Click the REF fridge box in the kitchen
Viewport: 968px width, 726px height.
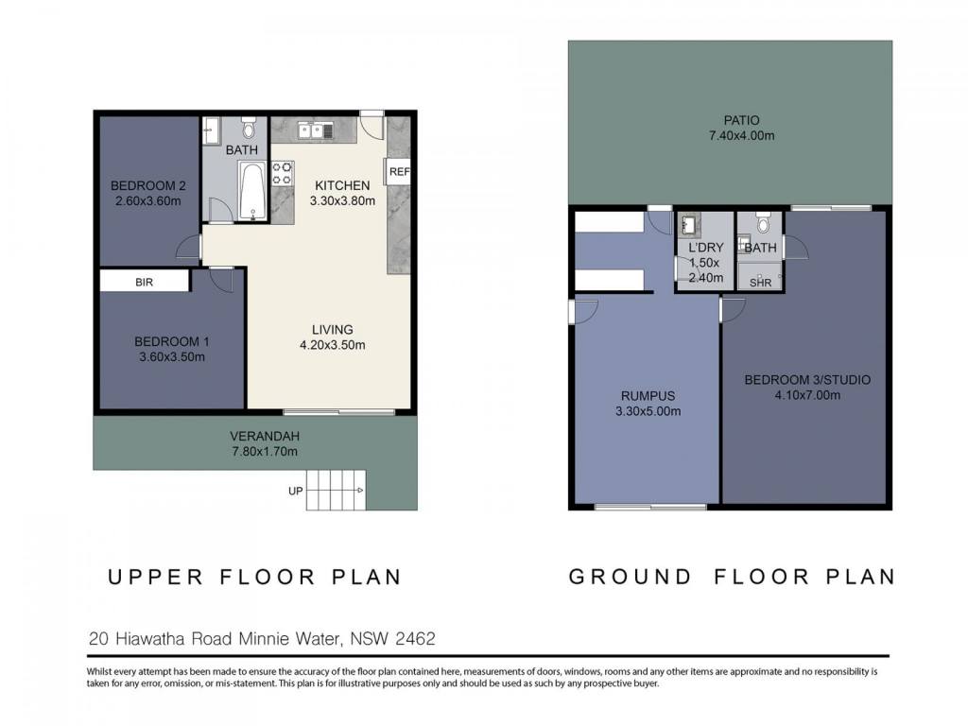[398, 172]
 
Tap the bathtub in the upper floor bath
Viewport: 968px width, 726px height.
[252, 191]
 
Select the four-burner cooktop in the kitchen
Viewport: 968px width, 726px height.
[282, 174]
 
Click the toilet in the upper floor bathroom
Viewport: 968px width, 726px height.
[249, 128]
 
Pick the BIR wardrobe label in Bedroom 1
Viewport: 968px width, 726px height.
[144, 282]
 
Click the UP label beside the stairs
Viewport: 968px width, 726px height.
[296, 491]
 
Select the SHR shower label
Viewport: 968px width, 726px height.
[761, 283]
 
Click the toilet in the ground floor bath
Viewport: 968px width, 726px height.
[764, 222]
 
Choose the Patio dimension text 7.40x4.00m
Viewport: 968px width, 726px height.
[741, 136]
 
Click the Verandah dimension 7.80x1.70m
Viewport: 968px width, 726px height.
[265, 451]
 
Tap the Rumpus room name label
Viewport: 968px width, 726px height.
[648, 396]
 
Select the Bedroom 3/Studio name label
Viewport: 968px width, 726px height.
[807, 380]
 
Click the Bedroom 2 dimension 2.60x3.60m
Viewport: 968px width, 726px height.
[148, 200]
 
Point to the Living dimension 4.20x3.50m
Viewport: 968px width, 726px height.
[333, 345]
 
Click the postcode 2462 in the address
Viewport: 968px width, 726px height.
[415, 638]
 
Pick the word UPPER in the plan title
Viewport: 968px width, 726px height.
[156, 578]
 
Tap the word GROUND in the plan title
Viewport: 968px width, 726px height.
[630, 577]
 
